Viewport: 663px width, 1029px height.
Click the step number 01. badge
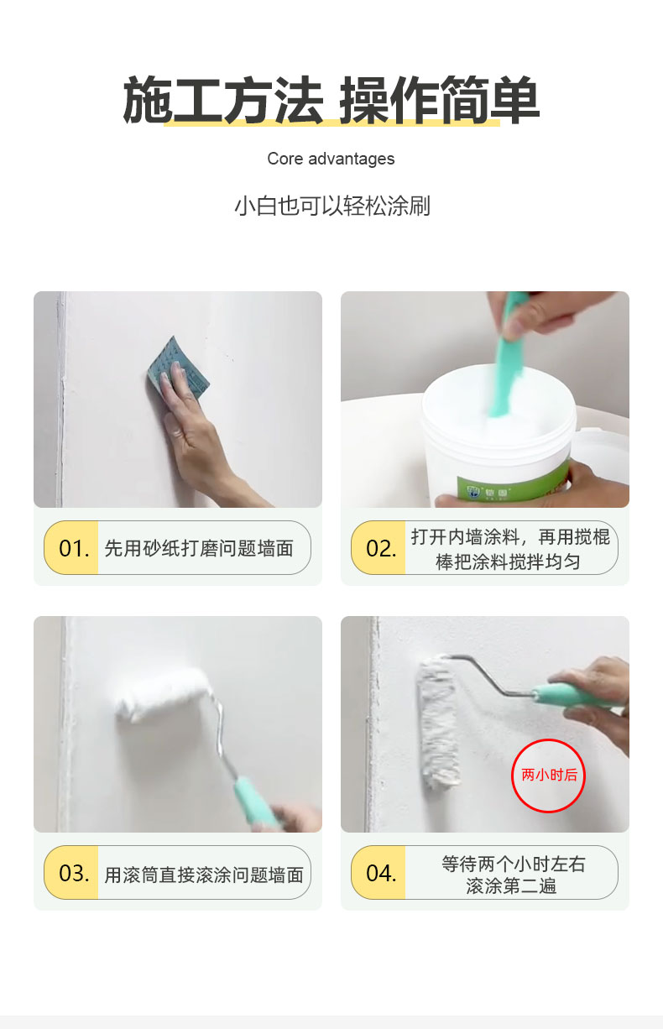[x=71, y=547]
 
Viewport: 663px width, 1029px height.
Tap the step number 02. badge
[x=378, y=547]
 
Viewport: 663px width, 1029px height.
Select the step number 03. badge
[x=71, y=872]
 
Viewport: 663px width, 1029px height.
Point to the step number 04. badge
[x=378, y=872]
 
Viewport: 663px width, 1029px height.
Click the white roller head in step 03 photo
[x=163, y=693]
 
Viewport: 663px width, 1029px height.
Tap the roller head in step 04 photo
[x=438, y=722]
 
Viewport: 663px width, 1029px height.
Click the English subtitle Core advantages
[x=331, y=159]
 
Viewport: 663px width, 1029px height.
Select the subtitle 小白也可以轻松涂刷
[x=332, y=206]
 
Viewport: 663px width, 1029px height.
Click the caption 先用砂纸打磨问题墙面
[x=199, y=548]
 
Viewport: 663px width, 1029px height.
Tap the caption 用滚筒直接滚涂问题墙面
[x=204, y=875]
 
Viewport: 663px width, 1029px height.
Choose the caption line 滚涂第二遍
[x=511, y=885]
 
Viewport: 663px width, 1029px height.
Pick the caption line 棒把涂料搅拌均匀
[x=508, y=562]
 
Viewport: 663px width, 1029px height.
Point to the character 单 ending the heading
[x=514, y=100]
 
